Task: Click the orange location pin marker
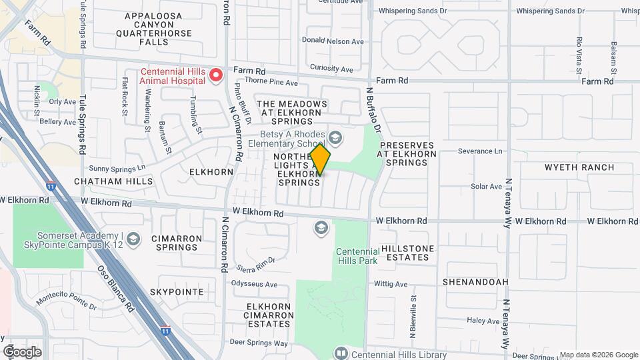click(321, 159)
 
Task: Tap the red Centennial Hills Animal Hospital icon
click(215, 75)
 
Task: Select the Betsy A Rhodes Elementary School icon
click(335, 139)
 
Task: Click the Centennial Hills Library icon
click(341, 352)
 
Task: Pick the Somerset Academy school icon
click(133, 239)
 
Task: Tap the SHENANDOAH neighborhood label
click(475, 282)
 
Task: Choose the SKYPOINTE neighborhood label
click(176, 292)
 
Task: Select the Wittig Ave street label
click(391, 283)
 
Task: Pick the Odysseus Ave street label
click(254, 284)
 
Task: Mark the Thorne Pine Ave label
click(271, 83)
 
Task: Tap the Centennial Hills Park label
click(357, 256)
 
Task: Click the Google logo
click(22, 351)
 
